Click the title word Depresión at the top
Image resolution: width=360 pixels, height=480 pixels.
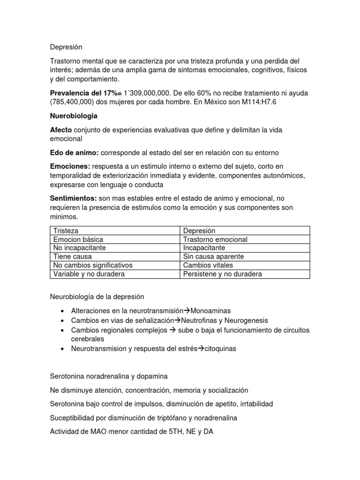pos(66,47)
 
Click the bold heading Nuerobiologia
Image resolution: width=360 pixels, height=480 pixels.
pos(74,115)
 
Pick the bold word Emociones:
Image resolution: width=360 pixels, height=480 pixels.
pos(70,166)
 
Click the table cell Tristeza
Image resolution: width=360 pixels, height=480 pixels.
pos(66,231)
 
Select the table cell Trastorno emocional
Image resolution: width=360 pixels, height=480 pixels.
pos(215,240)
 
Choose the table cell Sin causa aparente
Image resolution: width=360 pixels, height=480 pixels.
pos(213,257)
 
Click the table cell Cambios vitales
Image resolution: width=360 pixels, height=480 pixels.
pos(208,265)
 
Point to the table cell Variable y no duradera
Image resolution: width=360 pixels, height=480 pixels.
pos(89,274)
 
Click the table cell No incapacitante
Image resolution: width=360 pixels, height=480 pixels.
pos(80,248)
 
